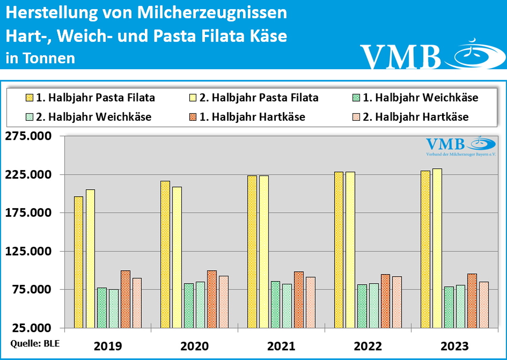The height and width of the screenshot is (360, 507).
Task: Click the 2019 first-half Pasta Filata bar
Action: tap(78, 262)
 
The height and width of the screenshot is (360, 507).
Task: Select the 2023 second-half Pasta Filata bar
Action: tap(437, 248)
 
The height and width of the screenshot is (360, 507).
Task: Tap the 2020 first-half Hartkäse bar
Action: tap(212, 299)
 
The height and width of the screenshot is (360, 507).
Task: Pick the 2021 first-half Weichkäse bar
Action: tap(275, 305)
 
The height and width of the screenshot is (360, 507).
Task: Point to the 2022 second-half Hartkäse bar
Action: tap(397, 302)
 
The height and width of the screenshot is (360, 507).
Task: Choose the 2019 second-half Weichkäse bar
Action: tap(114, 308)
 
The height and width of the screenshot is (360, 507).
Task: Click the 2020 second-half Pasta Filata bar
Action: tap(177, 257)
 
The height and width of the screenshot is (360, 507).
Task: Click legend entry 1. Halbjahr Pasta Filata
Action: tap(90, 98)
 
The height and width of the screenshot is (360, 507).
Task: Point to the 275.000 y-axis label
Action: tap(28, 136)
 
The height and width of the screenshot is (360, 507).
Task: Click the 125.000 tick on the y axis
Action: tap(28, 251)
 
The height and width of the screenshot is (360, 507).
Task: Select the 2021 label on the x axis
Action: tap(281, 346)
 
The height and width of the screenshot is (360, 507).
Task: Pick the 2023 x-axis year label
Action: tap(455, 346)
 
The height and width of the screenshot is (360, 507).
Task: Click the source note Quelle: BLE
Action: tap(35, 344)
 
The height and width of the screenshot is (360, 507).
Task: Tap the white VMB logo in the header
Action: tap(433, 56)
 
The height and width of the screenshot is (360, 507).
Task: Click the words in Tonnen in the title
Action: tap(40, 58)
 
